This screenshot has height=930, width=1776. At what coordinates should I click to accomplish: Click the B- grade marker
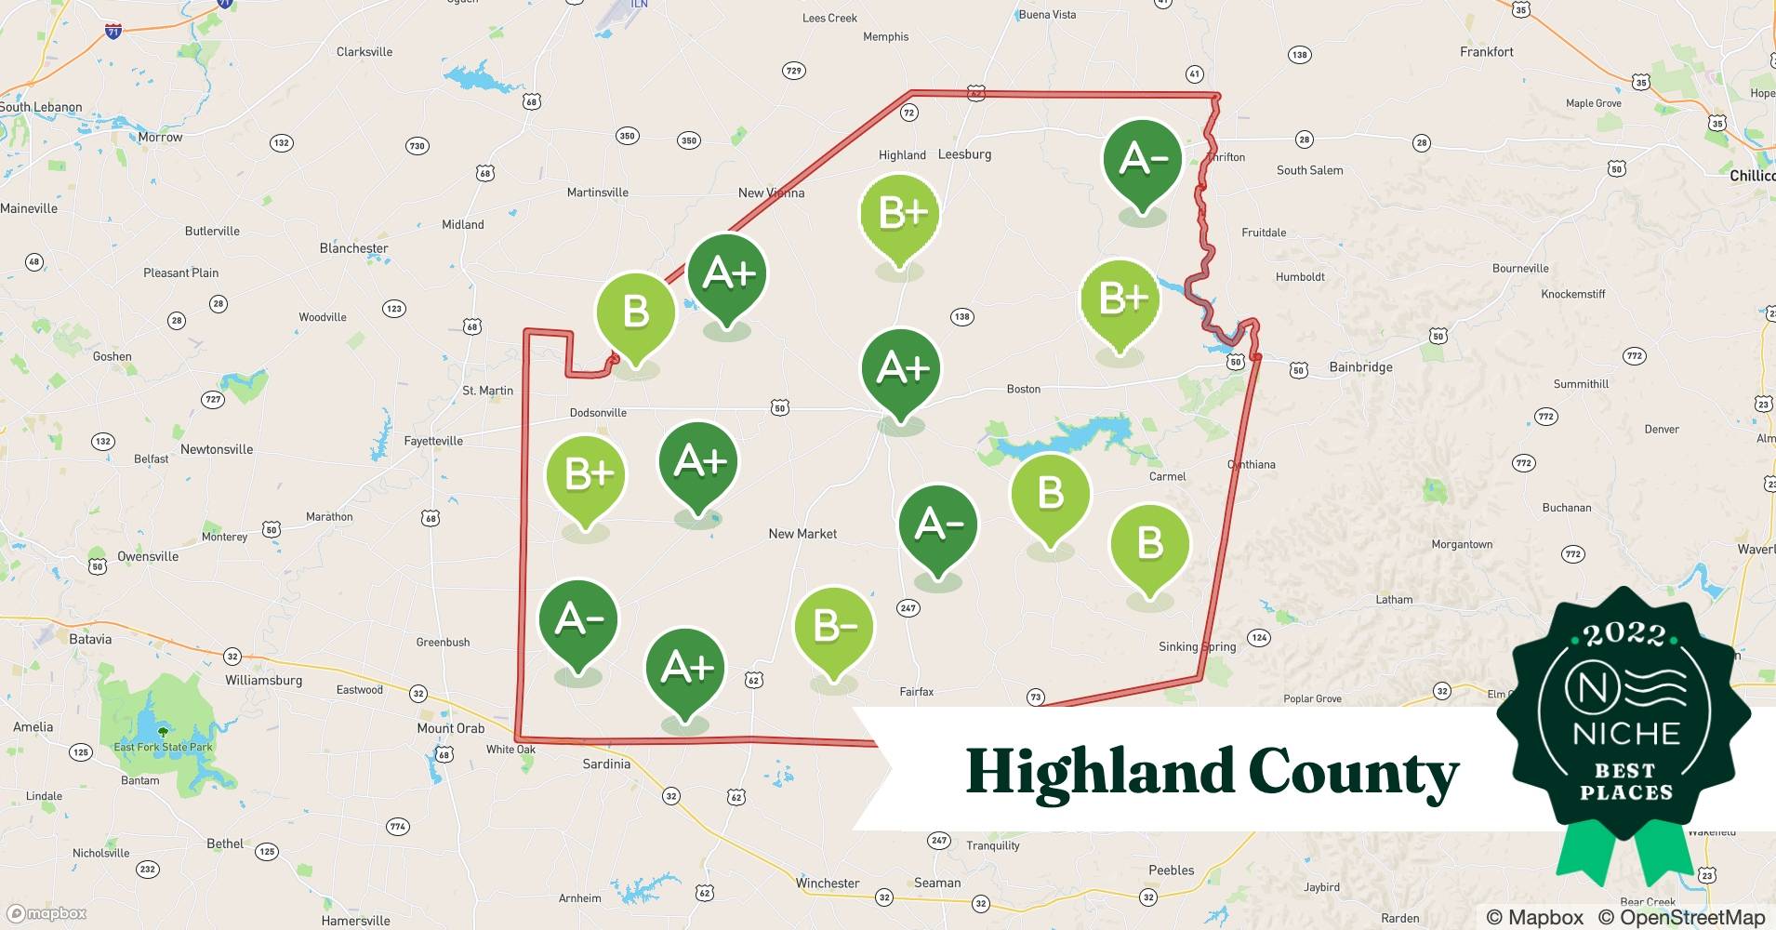834,627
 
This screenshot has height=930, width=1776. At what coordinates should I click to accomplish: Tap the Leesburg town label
964,154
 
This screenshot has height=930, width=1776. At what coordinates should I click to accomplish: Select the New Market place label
802,534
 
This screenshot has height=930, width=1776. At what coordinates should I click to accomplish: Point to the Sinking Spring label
1197,646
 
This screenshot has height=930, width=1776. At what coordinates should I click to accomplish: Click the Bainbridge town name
1360,367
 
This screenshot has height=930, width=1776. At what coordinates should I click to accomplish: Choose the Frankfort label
1486,52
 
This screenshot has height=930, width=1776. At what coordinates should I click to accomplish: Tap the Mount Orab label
450,728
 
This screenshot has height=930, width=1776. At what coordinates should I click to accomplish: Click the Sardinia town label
606,764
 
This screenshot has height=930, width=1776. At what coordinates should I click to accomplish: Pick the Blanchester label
353,248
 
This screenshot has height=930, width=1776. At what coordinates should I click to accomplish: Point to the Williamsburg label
263,680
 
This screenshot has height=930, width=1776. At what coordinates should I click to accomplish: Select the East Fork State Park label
163,747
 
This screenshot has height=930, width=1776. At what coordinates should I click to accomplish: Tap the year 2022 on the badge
1624,634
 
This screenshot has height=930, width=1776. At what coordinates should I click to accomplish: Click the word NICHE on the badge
1626,734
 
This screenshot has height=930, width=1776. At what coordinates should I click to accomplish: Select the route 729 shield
793,71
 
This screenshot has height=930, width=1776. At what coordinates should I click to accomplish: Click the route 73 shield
1036,697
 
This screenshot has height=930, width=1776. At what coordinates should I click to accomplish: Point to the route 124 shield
1259,637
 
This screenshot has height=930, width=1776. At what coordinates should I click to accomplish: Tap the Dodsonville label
598,413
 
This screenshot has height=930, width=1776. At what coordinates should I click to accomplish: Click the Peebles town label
1171,870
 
